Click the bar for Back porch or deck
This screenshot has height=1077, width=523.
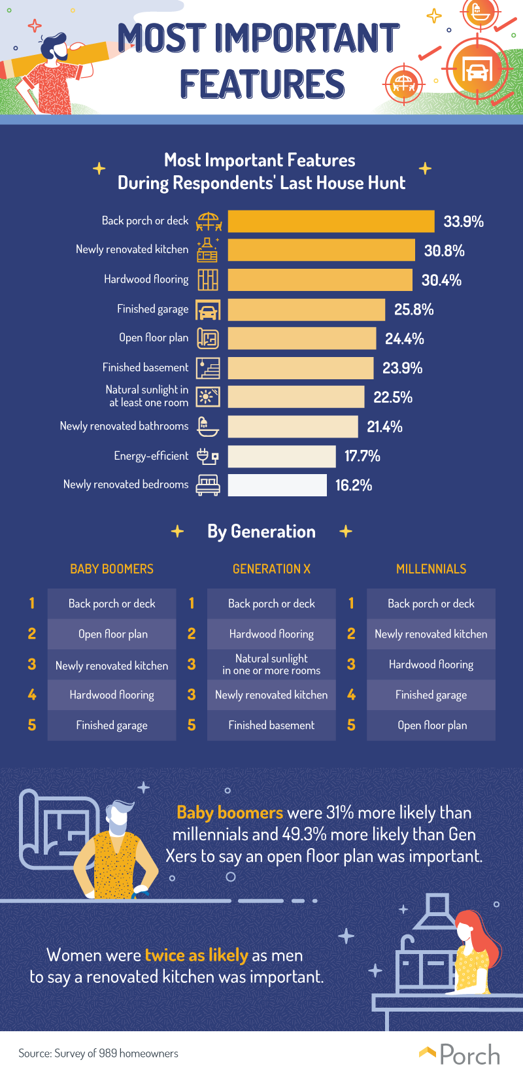tap(331, 221)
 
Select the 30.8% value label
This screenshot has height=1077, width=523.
tap(444, 250)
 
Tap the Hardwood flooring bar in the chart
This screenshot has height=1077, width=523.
tap(320, 280)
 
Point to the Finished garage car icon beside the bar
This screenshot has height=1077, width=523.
tap(208, 310)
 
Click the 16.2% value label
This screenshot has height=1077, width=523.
tap(353, 485)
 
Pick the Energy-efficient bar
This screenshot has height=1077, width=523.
tap(282, 456)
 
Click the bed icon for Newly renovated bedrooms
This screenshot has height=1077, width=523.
tap(208, 485)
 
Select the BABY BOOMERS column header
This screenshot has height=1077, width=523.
tap(112, 569)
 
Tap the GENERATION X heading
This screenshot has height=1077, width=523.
tap(271, 569)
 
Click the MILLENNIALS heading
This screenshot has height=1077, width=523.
tap(431, 569)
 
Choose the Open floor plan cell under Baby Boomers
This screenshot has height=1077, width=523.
tap(112, 634)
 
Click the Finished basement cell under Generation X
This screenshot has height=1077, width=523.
tap(271, 725)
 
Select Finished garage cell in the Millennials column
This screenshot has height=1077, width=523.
tap(431, 695)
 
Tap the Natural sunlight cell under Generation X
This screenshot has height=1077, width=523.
tap(271, 664)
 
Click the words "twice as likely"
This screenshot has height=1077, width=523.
tap(196, 955)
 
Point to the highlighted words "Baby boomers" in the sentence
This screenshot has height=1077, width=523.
tap(229, 813)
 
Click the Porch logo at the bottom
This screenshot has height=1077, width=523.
tap(460, 1054)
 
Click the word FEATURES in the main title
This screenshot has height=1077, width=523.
tap(262, 85)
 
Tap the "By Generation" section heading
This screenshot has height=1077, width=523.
tap(261, 532)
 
